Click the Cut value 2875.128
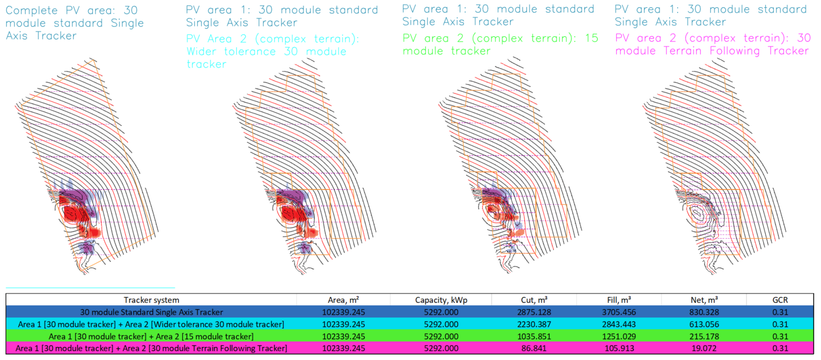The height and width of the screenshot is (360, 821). (534, 312)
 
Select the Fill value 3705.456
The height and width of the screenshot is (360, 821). (619, 312)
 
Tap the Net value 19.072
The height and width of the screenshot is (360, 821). (704, 348)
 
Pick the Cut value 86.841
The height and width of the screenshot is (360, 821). (534, 348)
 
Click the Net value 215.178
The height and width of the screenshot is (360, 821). (704, 336)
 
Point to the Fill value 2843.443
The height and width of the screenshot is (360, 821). (619, 324)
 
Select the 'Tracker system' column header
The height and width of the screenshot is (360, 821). (151, 300)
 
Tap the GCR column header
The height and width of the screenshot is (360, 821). (781, 300)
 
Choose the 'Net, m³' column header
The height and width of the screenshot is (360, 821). (704, 300)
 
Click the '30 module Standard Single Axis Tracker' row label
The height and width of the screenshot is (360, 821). (151, 312)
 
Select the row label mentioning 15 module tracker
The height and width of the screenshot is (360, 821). (151, 336)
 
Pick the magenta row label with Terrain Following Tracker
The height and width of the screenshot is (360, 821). (151, 348)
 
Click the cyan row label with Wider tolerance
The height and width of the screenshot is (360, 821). (151, 324)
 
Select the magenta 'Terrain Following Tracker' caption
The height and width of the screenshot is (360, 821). (711, 45)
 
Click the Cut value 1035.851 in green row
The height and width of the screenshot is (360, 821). (534, 336)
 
